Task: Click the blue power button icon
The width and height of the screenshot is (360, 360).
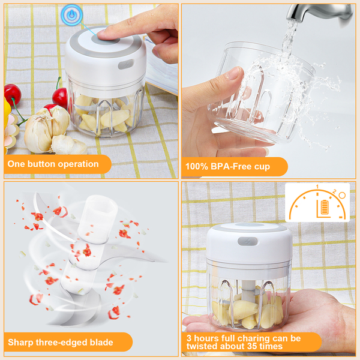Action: [72, 14]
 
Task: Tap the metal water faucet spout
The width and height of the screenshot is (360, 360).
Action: [319, 13]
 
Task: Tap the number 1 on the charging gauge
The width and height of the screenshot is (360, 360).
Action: [317, 187]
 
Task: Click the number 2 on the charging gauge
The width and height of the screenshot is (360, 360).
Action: [334, 191]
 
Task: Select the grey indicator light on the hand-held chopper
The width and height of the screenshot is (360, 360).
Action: [247, 241]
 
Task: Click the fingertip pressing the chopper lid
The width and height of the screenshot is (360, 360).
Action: [104, 34]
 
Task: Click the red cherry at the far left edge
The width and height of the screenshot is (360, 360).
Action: [13, 95]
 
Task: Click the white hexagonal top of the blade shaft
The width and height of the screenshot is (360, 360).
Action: [98, 218]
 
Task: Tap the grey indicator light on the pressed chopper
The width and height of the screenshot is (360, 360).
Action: [126, 64]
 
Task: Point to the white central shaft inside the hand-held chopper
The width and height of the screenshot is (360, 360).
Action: [248, 290]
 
